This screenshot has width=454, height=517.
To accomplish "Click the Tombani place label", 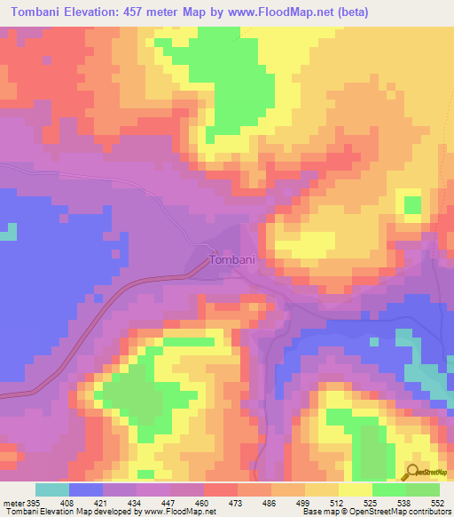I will coord(232,260).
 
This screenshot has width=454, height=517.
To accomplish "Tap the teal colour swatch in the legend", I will coord(51,489).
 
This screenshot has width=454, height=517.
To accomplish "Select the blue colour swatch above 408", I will coord(85,489).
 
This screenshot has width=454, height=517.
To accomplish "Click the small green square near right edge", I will coord(412,205).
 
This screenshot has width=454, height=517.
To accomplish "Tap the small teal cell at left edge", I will coord(8,231).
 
